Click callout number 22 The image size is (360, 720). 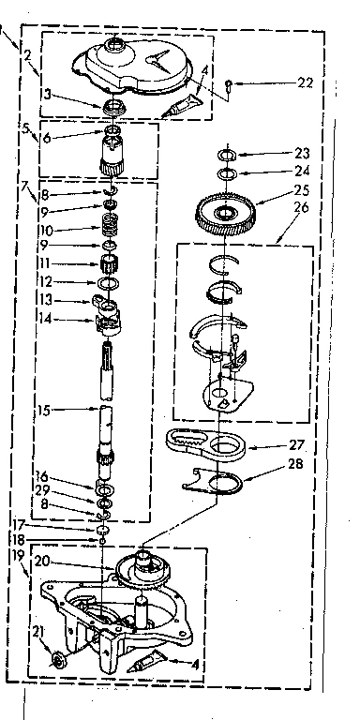(x=303, y=83)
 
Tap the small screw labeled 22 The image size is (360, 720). (x=230, y=86)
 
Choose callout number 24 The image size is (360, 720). (x=302, y=172)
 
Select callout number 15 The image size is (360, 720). (x=44, y=410)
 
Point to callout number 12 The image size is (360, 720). (x=44, y=281)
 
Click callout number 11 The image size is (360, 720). (x=45, y=263)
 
